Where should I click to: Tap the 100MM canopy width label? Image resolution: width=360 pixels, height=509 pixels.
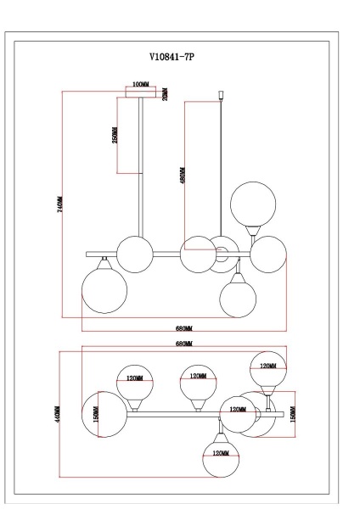(140, 85)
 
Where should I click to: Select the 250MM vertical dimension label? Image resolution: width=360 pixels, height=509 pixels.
(115, 135)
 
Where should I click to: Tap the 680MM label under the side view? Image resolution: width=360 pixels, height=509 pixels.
(184, 327)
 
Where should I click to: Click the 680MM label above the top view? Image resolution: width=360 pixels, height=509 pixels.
(184, 344)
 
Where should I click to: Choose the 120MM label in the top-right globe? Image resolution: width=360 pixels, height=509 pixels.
(267, 366)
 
